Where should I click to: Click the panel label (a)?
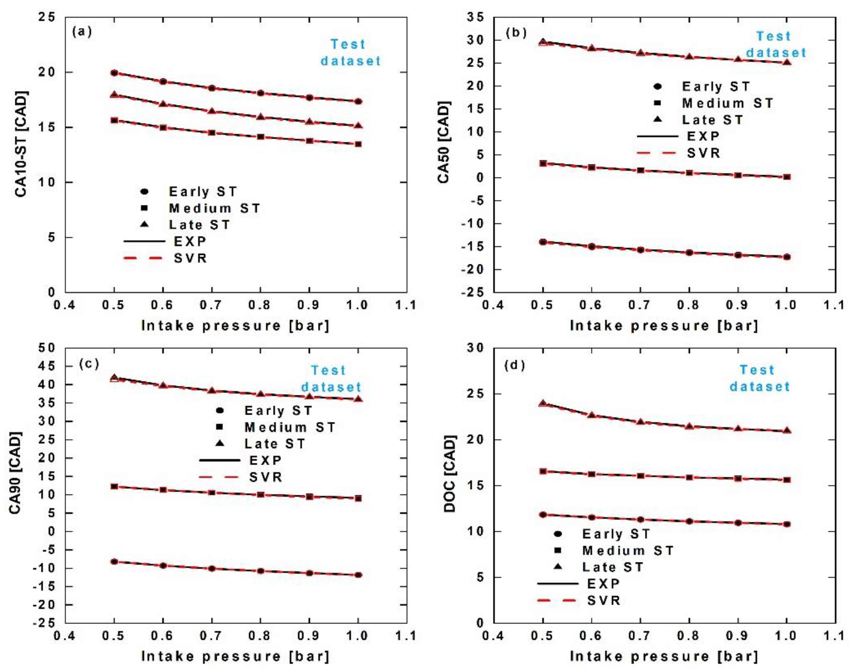tap(82, 32)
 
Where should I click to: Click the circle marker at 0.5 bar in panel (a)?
tap(114, 73)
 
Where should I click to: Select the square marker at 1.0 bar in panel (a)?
tap(358, 144)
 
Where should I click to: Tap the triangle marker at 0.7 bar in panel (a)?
tap(212, 111)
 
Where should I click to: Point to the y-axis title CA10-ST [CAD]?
tap(21, 144)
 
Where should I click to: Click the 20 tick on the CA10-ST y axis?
tap(47, 72)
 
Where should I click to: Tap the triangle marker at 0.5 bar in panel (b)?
tap(543, 42)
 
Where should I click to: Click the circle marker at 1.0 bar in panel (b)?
tap(787, 257)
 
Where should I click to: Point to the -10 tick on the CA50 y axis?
tap(475, 223)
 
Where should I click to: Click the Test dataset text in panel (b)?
tap(775, 44)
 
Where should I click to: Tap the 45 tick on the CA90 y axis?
tap(47, 366)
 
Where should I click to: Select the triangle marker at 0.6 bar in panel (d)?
tap(592, 415)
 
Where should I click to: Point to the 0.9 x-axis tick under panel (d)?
tap(738, 636)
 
